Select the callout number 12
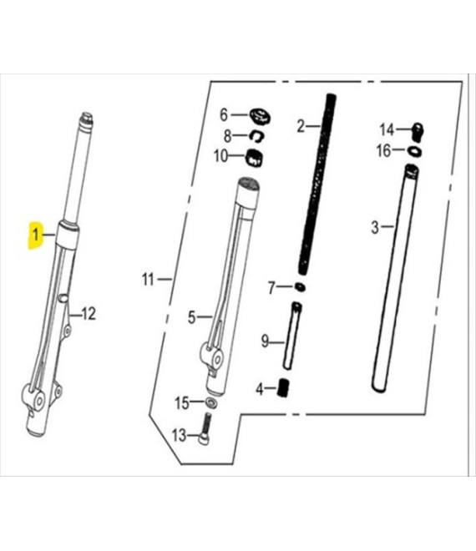89,314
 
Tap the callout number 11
148,280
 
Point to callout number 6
224,114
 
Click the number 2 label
301,126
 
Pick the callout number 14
386,129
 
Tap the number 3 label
375,226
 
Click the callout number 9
265,341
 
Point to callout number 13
179,435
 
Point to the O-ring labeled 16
413,151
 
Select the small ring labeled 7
299,288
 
